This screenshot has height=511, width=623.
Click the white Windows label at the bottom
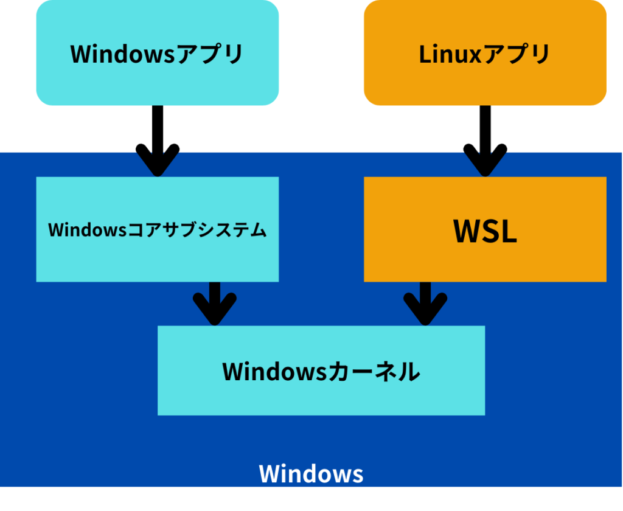tap(311, 474)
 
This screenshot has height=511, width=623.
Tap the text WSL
tap(485, 232)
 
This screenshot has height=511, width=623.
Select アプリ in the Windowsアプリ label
tap(209, 54)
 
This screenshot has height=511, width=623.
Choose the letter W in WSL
tap(465, 232)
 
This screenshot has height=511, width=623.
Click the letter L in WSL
tap(508, 232)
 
